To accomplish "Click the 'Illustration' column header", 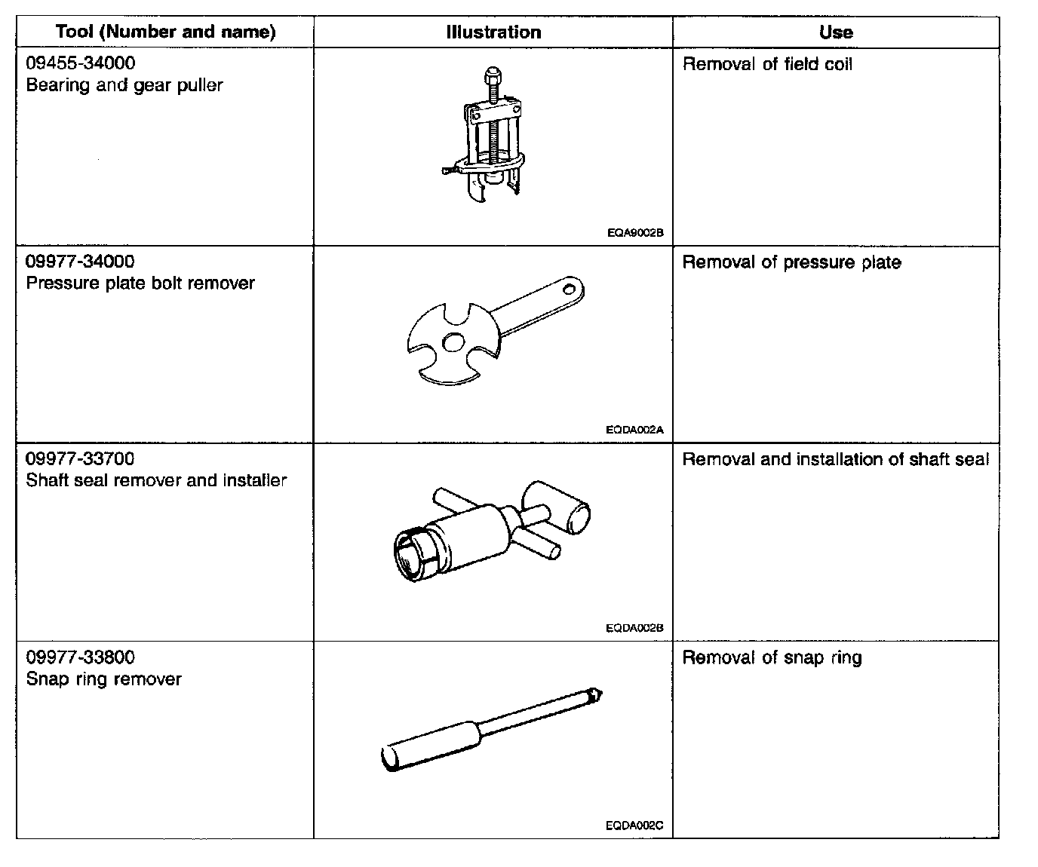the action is point(493,32).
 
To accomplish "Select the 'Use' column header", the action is point(836,32).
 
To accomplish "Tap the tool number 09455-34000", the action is point(81,63).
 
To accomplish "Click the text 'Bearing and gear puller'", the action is point(124,85).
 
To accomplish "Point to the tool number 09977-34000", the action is point(81,262).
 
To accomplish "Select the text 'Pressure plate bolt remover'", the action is point(140,283).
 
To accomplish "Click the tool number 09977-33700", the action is point(81,459).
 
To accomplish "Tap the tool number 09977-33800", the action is point(81,657).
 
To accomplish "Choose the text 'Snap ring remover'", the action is point(104,679).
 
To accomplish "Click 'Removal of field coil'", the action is point(767,65).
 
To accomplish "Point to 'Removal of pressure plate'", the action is point(791,262).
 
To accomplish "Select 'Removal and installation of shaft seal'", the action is point(835,460).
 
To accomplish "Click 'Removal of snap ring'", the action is point(772,658).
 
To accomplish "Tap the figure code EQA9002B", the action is point(635,233).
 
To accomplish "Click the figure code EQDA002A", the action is point(634,430).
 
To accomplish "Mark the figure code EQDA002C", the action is point(634,826).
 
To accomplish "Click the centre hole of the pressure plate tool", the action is point(453,342).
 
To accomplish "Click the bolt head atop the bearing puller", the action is point(490,75).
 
